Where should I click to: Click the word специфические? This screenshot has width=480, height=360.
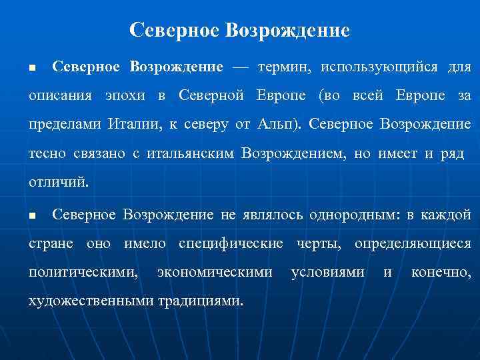click(231, 243)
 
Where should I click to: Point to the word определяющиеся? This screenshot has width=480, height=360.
click(413, 243)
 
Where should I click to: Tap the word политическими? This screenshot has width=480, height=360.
click(83, 272)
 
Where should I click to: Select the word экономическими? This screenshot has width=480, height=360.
click(214, 272)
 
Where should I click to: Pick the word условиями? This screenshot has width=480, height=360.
click(328, 272)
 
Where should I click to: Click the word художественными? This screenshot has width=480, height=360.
click(90, 301)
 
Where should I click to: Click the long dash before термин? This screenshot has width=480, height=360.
click(240, 67)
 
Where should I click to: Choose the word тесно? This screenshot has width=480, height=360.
click(47, 154)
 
